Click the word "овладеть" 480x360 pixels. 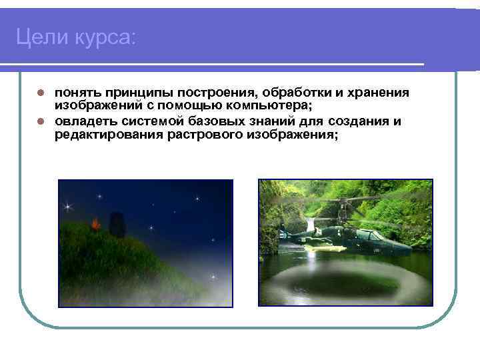(x=84, y=121)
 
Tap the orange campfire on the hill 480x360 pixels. (x=97, y=223)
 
